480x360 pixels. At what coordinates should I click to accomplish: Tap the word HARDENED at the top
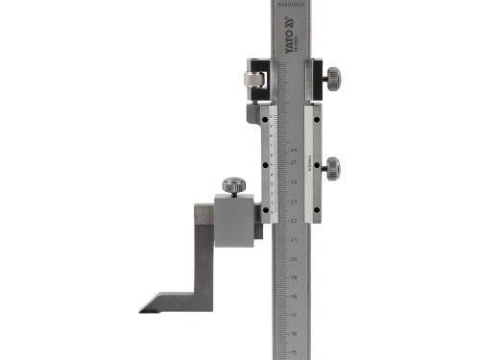[x=291, y=5]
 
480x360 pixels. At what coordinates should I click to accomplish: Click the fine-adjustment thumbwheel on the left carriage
[x=252, y=79]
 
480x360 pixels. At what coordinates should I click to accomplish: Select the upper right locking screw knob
[x=333, y=76]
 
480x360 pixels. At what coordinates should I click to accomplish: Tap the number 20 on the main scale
[x=294, y=258]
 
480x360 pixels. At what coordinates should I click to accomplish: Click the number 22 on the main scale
[x=294, y=221]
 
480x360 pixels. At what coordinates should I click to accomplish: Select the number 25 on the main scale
[x=294, y=164]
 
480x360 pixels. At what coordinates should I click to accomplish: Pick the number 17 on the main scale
[x=294, y=315]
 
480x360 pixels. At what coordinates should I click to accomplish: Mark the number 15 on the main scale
[x=294, y=351]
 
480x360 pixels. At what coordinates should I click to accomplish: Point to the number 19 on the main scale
[x=294, y=277]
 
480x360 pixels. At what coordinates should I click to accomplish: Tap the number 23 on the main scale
[x=294, y=203]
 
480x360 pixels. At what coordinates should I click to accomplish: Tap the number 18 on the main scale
[x=294, y=296]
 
